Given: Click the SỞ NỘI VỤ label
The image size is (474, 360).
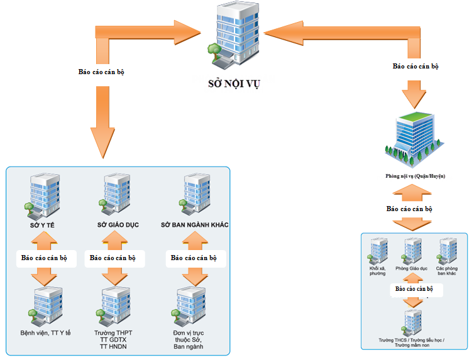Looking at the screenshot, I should [234, 82].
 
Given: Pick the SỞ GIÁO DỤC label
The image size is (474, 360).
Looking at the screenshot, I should [118, 225].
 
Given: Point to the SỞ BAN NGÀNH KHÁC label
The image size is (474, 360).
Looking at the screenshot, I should [194, 225].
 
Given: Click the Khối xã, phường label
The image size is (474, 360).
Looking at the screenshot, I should [377, 271].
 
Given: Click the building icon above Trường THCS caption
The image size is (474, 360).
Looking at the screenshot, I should [413, 322].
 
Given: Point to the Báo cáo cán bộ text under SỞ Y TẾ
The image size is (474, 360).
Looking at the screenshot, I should [44, 258].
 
